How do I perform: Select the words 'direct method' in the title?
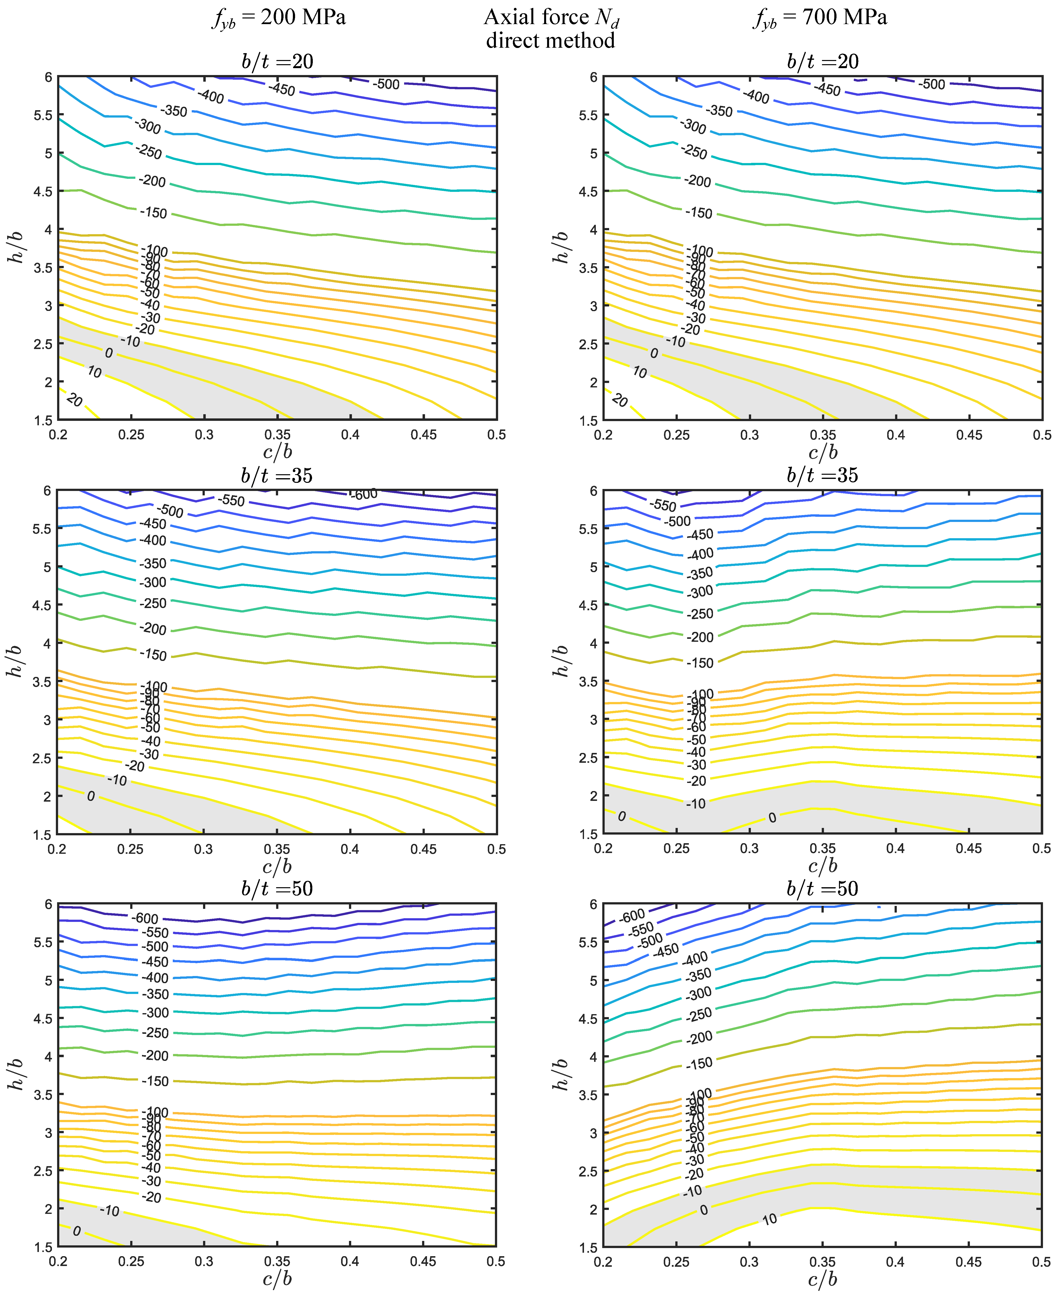click(550, 41)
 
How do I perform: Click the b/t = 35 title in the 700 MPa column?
click(822, 475)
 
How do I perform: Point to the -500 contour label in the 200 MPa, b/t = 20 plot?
click(386, 84)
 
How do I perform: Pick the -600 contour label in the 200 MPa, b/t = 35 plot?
click(364, 494)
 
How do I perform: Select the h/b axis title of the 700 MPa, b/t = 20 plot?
click(561, 247)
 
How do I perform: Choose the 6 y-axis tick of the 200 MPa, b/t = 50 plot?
click(48, 905)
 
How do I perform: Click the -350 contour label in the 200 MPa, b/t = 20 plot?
click(174, 111)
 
